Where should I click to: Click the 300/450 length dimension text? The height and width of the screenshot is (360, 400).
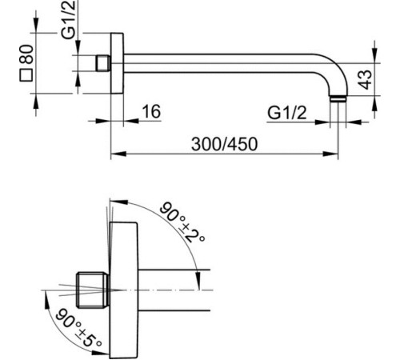[x=225, y=144]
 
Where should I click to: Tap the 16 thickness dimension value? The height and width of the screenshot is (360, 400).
[x=151, y=111]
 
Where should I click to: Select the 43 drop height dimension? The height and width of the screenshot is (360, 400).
[x=366, y=79]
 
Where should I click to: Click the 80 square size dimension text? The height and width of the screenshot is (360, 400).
[x=26, y=54]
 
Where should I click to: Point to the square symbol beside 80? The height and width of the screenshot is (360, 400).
[x=26, y=75]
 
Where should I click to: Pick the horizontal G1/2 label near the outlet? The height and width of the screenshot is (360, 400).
[x=287, y=113]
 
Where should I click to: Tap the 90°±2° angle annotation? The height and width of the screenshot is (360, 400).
[x=182, y=222]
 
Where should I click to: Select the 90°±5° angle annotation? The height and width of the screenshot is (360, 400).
[x=78, y=328]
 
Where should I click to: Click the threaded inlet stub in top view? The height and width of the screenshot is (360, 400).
[x=103, y=63]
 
